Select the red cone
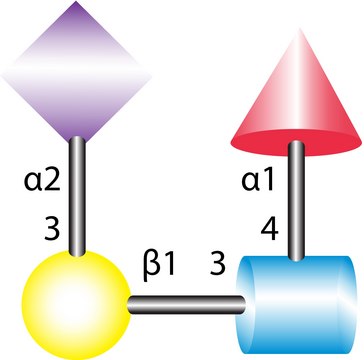[297, 100]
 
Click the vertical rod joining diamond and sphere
[76, 195]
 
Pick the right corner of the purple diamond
[146, 71]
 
